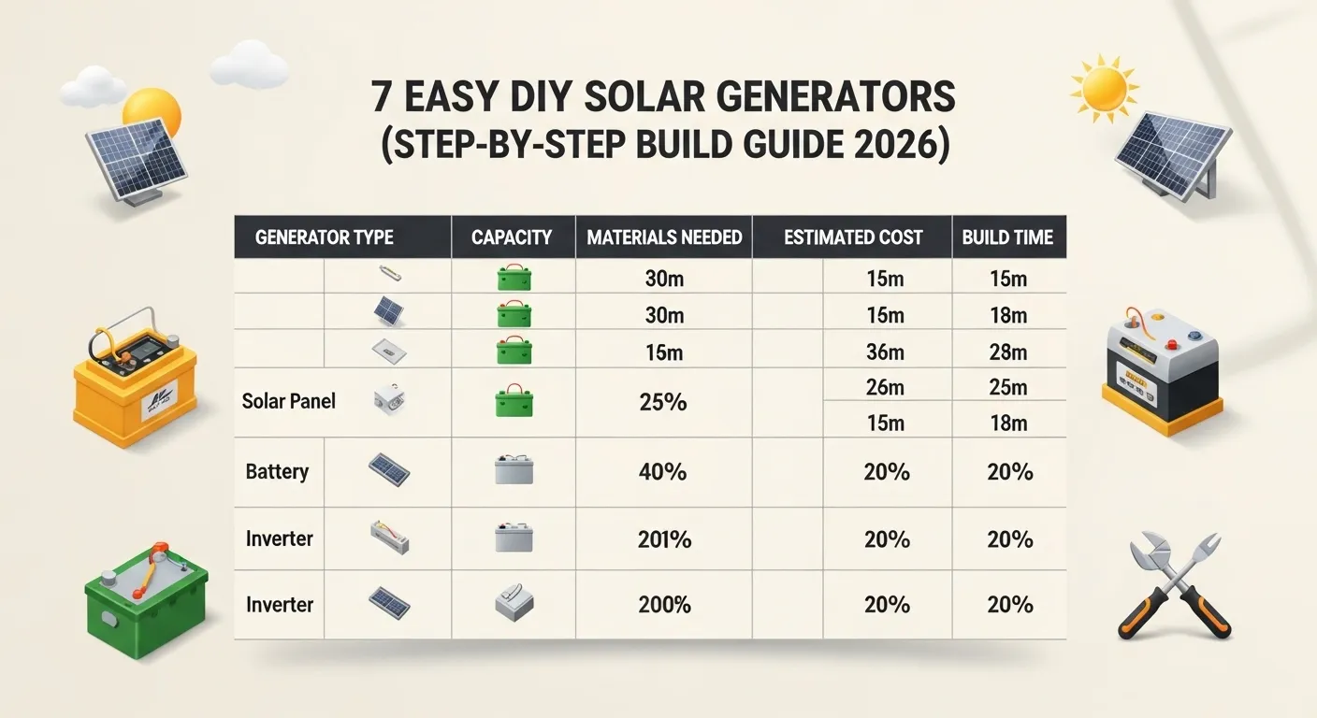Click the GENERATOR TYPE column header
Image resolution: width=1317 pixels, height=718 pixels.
[324, 237]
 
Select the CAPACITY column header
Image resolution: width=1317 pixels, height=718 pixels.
[512, 237]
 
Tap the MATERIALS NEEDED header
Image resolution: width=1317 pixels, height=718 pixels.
[664, 237]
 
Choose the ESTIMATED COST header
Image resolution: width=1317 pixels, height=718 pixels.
[853, 237]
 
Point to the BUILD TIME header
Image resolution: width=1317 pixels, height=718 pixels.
[1007, 237]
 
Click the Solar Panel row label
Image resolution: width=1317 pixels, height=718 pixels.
[288, 401]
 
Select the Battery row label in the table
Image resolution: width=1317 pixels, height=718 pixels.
[277, 471]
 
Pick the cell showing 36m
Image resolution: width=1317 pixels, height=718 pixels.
[885, 352]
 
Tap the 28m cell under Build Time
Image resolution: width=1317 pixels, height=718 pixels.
[1008, 352]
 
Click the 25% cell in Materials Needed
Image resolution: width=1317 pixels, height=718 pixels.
[664, 402]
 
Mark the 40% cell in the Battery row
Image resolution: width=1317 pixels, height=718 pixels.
[664, 471]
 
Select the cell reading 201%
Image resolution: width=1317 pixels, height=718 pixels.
[664, 539]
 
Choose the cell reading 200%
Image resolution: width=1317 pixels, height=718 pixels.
[664, 605]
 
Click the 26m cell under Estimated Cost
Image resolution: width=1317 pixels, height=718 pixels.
[885, 386]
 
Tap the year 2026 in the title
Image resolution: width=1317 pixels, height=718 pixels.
[899, 149]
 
